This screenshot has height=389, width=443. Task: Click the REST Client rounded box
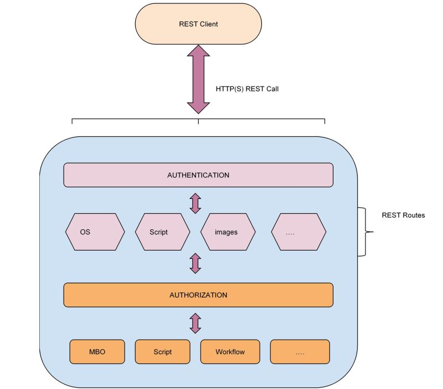coord(198,24)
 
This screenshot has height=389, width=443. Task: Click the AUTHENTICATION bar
coord(198,175)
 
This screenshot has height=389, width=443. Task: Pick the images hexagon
coord(228,232)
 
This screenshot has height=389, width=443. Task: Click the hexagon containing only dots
coord(298,232)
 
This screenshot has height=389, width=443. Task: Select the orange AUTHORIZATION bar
coord(198,295)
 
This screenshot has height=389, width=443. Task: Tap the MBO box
coord(97,352)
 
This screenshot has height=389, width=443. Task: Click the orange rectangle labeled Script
coord(162,352)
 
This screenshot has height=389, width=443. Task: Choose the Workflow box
coord(230,352)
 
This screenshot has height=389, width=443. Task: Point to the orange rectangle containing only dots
coord(300,352)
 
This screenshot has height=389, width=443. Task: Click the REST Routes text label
coord(403,215)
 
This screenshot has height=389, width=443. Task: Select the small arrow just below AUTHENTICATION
coord(195,203)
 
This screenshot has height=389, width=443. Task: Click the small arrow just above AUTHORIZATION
coord(195,263)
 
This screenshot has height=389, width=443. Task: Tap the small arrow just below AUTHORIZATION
coord(195,323)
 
